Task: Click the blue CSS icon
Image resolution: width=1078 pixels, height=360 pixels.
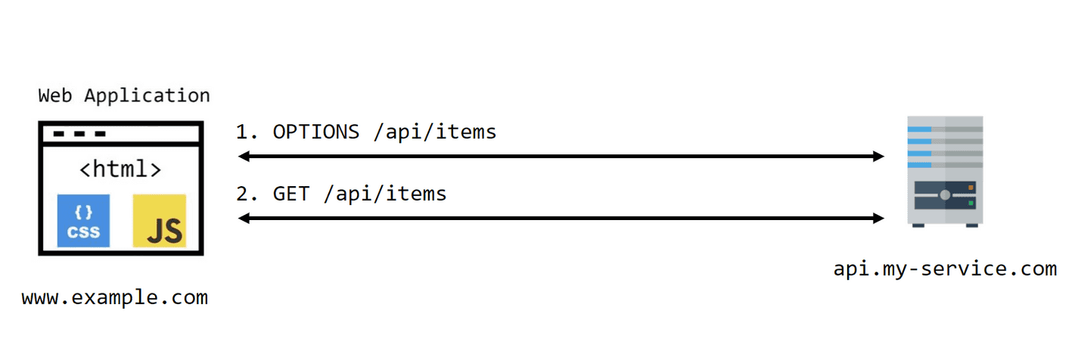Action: [x=83, y=221]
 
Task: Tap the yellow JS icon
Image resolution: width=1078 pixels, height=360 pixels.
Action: [x=159, y=221]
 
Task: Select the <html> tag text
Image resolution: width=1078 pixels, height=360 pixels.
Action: [x=121, y=169]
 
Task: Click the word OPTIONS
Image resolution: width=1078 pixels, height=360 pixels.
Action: [x=316, y=132]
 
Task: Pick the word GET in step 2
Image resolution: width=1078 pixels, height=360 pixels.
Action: [x=291, y=194]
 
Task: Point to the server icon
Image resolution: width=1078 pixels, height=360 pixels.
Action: [x=944, y=171]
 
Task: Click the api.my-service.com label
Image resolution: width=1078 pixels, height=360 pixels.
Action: [x=944, y=268]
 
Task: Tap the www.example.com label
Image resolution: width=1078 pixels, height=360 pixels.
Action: [x=114, y=297]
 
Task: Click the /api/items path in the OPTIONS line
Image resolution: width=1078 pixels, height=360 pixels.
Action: [x=435, y=132]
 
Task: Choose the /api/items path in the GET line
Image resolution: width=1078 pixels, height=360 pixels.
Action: [x=385, y=194]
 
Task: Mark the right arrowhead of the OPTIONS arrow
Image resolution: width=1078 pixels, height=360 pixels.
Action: [x=878, y=157]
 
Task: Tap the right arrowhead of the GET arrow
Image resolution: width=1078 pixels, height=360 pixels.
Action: [x=878, y=219]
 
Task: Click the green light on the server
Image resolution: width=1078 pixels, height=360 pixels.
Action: [x=971, y=203]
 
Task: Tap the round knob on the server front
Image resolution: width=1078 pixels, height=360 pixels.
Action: [x=945, y=195]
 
